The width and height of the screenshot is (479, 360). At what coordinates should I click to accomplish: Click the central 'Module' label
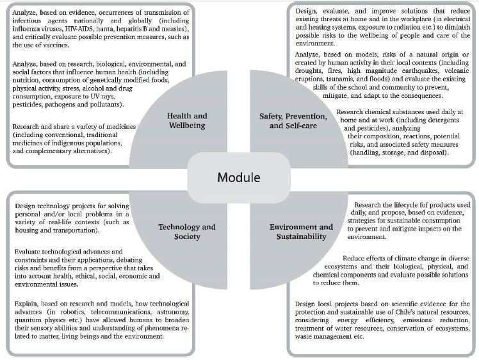coord(239,177)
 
